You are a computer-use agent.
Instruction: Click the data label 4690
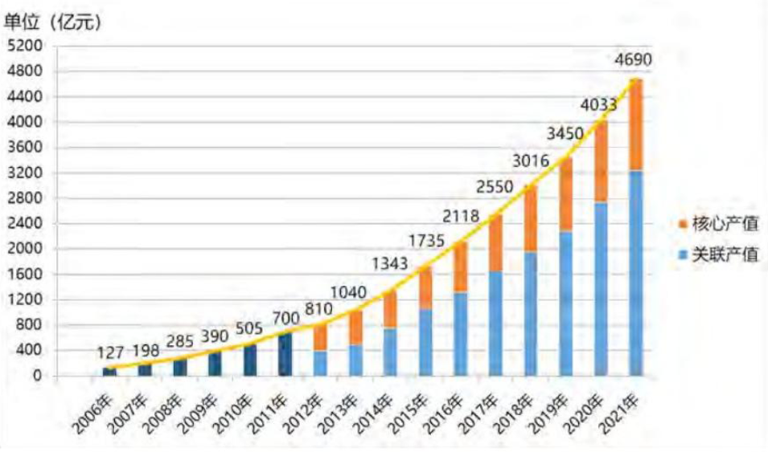pos(632,60)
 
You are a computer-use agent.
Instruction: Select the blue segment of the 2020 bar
pos(600,289)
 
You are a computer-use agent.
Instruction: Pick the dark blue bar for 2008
pos(179,368)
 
